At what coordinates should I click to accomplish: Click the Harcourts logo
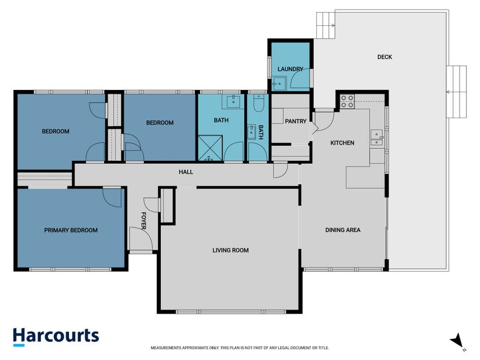[x=55, y=336]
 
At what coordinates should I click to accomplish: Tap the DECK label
[x=385, y=57]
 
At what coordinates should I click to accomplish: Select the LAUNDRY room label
[x=290, y=69]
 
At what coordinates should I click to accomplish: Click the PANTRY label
[x=296, y=121]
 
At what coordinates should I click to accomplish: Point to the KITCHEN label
[x=342, y=143]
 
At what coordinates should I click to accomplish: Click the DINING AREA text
[x=343, y=229]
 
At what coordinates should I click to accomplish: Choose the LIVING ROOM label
[x=230, y=250]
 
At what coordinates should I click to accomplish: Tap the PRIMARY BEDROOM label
[x=71, y=230]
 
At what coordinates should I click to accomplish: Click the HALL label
[x=185, y=172]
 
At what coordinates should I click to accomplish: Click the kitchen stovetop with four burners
[x=347, y=101]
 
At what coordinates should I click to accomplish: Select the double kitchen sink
[x=377, y=138]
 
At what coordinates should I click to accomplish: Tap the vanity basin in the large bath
[x=231, y=101]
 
